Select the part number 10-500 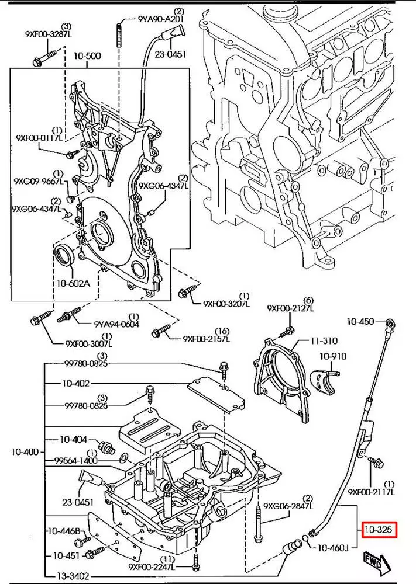point(87,56)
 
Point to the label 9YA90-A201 point(161,19)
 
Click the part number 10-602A point(74,284)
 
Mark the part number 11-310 point(324,340)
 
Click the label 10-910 point(333,356)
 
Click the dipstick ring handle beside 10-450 point(391,322)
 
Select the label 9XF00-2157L point(206,338)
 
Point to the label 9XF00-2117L point(372,492)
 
